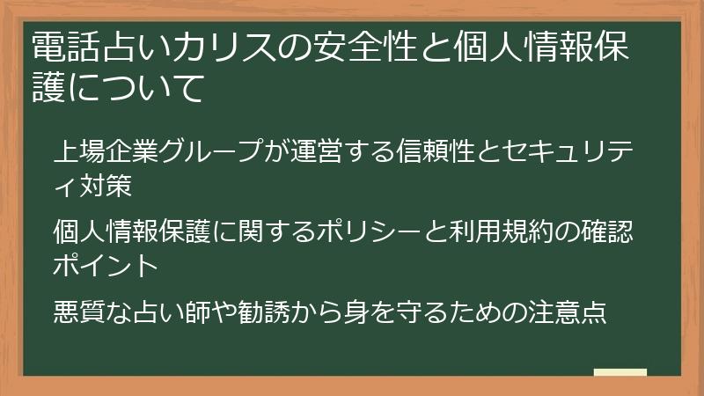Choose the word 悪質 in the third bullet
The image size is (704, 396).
pos(80,312)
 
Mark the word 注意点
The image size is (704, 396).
pos(566,312)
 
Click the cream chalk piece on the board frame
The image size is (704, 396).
pos(620,373)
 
